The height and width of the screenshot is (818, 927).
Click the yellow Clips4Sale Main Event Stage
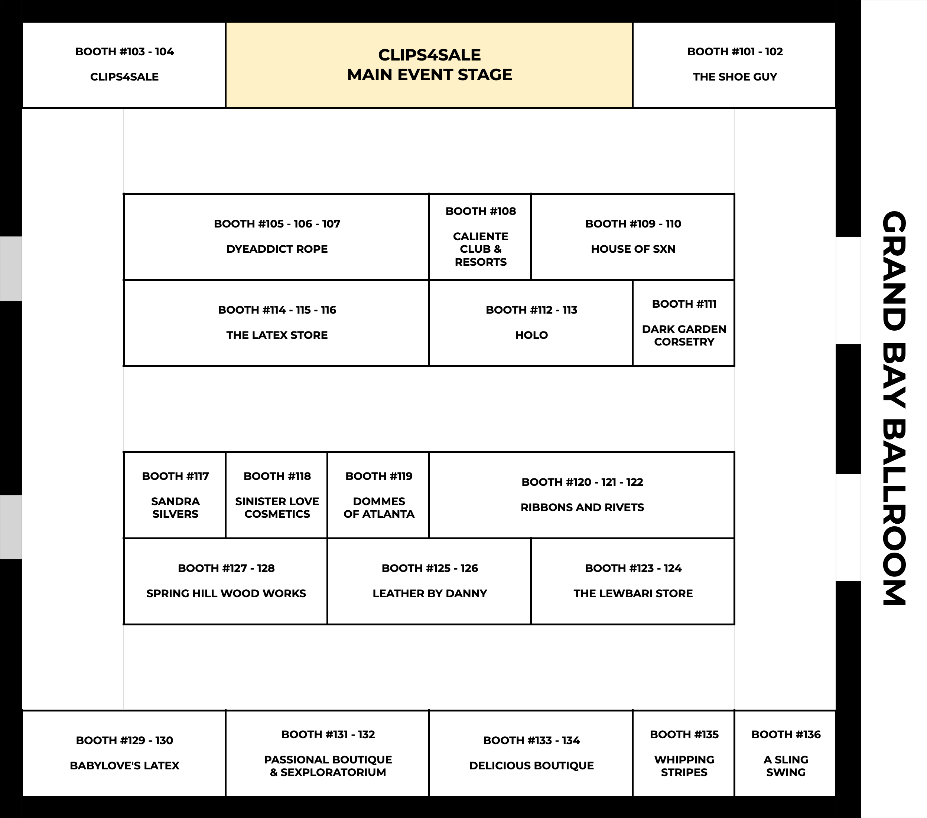tap(429, 65)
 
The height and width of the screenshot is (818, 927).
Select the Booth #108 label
tap(481, 211)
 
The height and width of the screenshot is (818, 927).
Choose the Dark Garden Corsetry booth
tap(683, 323)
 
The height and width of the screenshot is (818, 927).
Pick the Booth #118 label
tap(277, 476)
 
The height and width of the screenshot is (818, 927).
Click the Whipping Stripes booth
tap(683, 753)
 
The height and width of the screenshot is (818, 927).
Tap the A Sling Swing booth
tap(785, 753)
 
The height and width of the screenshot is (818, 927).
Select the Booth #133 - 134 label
tap(531, 740)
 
